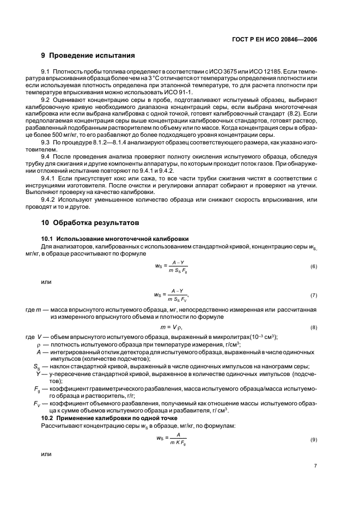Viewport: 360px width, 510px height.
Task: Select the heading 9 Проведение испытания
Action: [88, 56]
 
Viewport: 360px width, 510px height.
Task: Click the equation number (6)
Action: [314, 266]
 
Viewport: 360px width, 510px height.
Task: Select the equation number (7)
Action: [314, 295]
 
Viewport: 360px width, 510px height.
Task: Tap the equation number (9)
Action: [314, 439]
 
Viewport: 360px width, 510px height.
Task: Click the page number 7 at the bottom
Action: [315, 466]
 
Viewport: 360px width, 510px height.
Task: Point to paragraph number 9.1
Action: [46, 72]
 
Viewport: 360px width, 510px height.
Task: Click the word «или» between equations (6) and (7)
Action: [47, 282]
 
